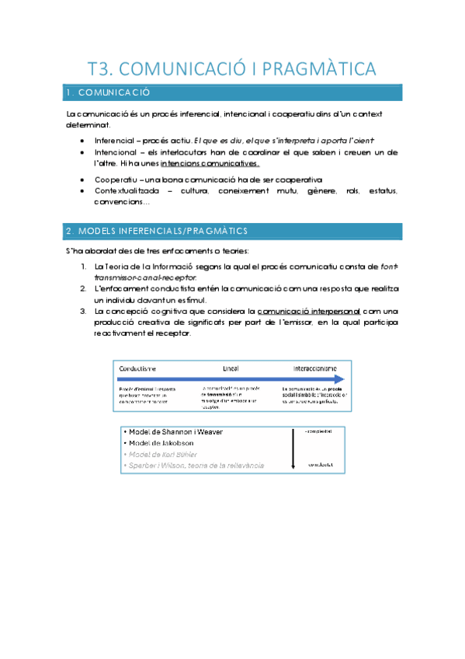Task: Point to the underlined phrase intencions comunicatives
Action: tap(210, 164)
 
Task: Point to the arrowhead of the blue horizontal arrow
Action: tap(339, 378)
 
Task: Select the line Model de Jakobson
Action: tap(154, 443)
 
